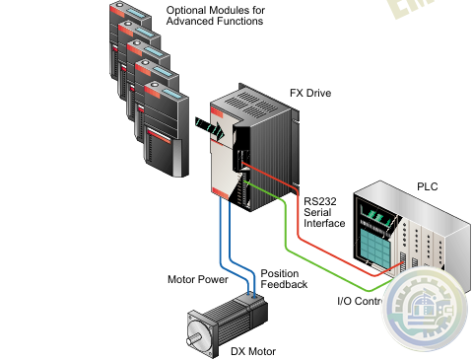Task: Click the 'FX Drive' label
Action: [x=309, y=93]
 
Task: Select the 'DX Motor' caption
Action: [x=253, y=351]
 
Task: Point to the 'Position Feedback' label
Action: [x=284, y=277]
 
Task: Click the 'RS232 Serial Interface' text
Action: [x=324, y=211]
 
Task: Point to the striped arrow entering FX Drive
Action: [x=210, y=127]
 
